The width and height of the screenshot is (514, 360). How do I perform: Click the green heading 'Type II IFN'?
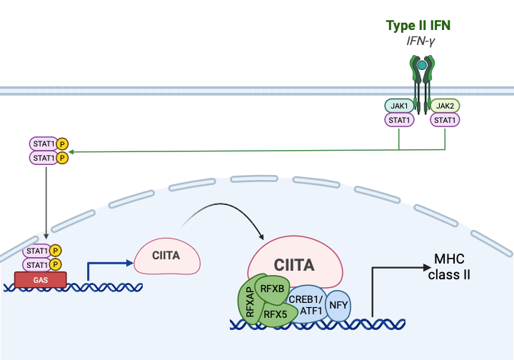click(x=418, y=26)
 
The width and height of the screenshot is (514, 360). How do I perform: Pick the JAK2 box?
click(x=445, y=106)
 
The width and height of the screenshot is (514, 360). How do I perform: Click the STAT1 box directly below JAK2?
click(x=445, y=120)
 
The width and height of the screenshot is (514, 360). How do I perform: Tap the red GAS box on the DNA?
click(x=41, y=279)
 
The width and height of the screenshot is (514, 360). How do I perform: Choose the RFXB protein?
click(x=272, y=289)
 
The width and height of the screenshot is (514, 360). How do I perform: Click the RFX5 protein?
click(x=276, y=312)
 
